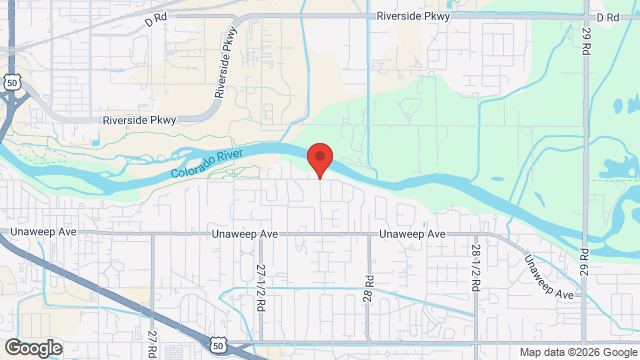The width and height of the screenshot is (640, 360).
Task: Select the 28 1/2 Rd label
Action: (x=477, y=265)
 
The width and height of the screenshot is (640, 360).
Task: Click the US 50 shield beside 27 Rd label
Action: (x=218, y=345)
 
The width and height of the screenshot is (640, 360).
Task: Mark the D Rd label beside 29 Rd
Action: (x=607, y=18)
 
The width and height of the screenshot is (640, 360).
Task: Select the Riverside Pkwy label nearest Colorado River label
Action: (x=139, y=120)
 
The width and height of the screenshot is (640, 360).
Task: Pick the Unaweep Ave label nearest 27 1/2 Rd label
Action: (x=243, y=234)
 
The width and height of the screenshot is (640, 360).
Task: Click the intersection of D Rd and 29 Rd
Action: (x=586, y=17)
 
